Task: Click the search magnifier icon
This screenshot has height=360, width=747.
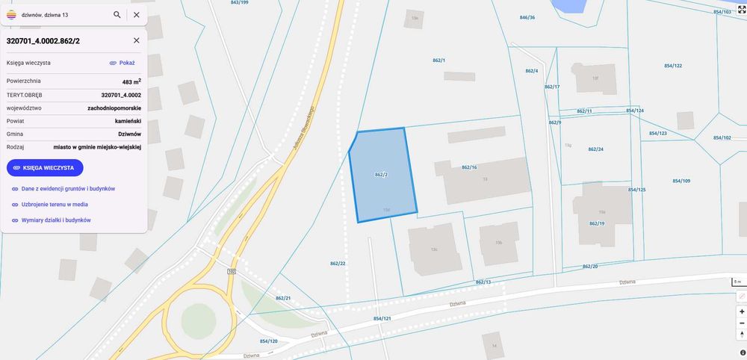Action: [x=117, y=14]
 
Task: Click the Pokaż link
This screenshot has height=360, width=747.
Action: [x=122, y=63]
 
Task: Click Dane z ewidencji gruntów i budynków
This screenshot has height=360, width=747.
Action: [x=68, y=189]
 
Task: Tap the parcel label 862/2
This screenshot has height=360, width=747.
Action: [x=381, y=174]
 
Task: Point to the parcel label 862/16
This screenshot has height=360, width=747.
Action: [x=469, y=167]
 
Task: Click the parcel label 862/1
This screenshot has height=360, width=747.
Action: [x=438, y=60]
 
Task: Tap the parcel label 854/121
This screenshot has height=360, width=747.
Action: [x=382, y=319]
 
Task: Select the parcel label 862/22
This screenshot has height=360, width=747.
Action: [x=338, y=263]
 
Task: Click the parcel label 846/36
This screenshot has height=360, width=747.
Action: [x=527, y=17]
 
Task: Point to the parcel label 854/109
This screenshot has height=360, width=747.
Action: [x=681, y=181]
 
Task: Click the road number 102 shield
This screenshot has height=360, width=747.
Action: [x=232, y=271]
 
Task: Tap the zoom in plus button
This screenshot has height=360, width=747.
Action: [x=742, y=311]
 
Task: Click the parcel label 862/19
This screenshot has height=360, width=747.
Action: [x=597, y=223]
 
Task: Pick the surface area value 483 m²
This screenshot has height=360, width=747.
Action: [x=131, y=81]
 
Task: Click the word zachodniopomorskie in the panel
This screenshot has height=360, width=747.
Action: [x=114, y=108]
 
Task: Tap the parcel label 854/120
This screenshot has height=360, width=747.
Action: [x=268, y=341]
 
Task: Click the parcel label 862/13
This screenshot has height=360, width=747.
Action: [x=483, y=282]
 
